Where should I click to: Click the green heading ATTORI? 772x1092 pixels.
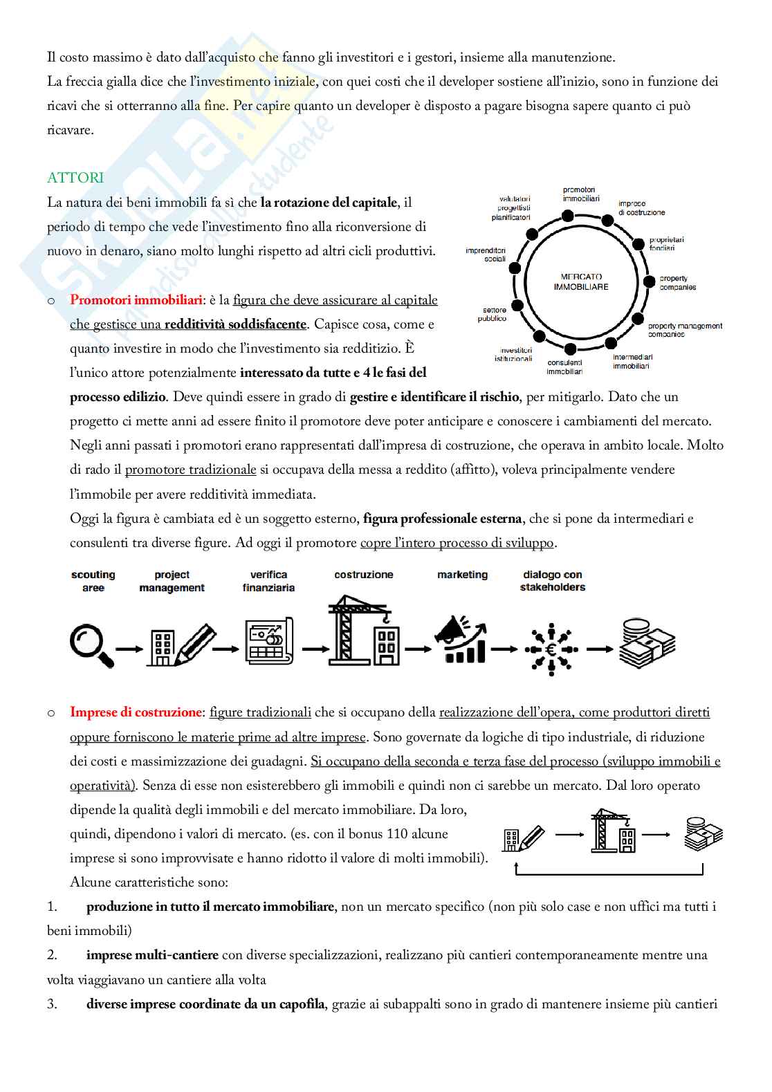pyautogui.click(x=75, y=178)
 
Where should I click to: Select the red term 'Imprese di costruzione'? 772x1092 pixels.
pyautogui.click(x=136, y=712)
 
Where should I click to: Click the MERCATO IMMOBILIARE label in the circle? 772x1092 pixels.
pyautogui.click(x=581, y=281)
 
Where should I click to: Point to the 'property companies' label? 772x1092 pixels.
pyautogui.click(x=677, y=283)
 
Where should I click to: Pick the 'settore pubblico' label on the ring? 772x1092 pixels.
pyautogui.click(x=493, y=315)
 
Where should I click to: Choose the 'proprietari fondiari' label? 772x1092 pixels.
pyautogui.click(x=666, y=244)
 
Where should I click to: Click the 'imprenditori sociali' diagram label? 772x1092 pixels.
pyautogui.click(x=486, y=255)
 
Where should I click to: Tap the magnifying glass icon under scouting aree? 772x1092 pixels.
pyautogui.click(x=91, y=645)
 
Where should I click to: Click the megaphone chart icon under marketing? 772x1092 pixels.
pyautogui.click(x=460, y=640)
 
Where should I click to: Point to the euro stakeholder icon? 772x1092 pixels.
pyautogui.click(x=551, y=649)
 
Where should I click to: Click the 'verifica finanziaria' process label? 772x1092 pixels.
pyautogui.click(x=268, y=581)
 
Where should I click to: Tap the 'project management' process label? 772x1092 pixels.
pyautogui.click(x=172, y=581)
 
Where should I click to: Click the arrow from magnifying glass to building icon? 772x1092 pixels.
pyautogui.click(x=129, y=649)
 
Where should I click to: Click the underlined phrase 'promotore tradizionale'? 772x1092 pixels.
pyautogui.click(x=190, y=470)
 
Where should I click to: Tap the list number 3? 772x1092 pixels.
pyautogui.click(x=52, y=1004)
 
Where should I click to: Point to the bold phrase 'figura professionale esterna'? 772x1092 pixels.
pyautogui.click(x=442, y=519)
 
